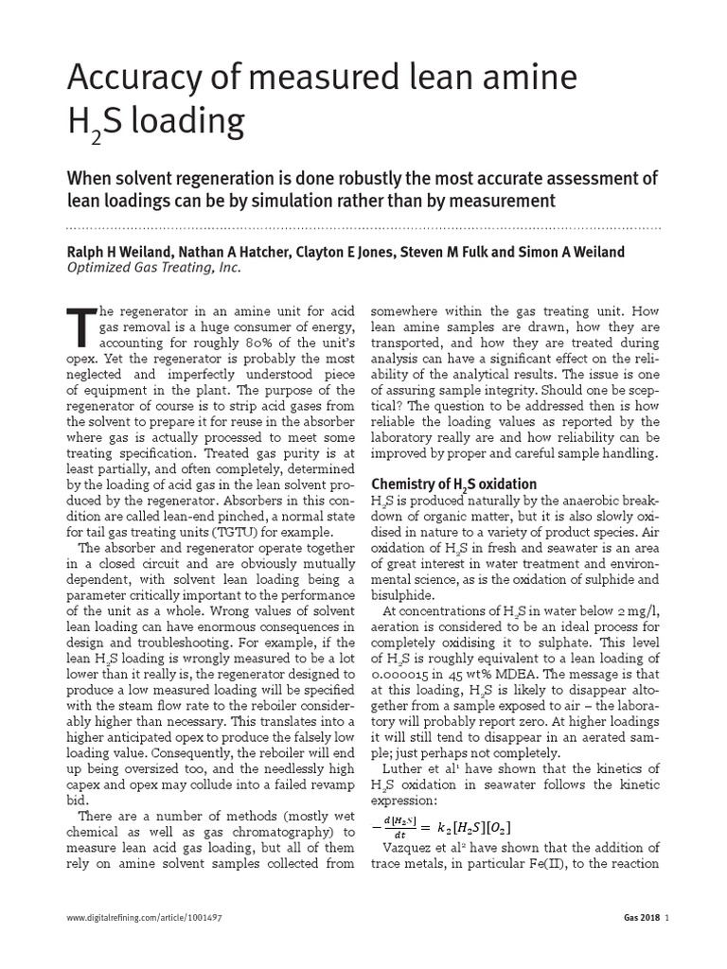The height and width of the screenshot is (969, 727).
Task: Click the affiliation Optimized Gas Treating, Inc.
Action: coord(154,268)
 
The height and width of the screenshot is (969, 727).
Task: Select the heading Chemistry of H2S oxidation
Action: coord(454,484)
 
